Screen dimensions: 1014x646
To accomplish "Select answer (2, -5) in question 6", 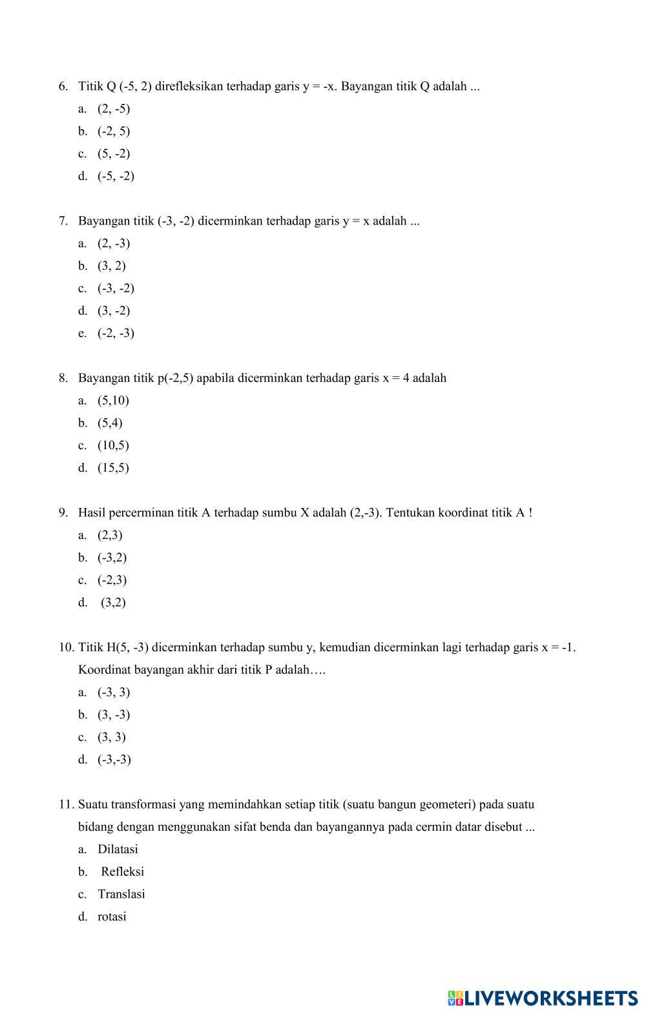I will coord(114,108).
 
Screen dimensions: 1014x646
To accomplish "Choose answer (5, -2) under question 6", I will coord(114,154).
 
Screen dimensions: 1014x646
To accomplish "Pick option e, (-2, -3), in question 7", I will coord(116,333).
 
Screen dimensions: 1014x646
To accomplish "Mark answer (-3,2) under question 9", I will coord(112,558).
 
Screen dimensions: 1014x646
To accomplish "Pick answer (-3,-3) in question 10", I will coord(114,760).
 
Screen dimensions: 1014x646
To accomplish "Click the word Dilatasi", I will coord(118,849).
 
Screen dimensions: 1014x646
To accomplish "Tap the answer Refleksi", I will coord(122,872).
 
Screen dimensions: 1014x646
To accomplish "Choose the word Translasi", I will coord(121,895).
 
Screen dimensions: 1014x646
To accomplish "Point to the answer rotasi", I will coord(112,917).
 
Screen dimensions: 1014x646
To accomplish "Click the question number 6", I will coord(63,86).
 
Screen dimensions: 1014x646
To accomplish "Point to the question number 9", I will coord(63,513).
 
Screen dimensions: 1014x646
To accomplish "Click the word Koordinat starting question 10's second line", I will coord(104,670).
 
